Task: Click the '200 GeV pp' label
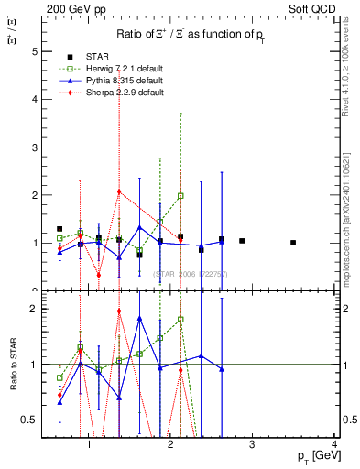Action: [x=74, y=9]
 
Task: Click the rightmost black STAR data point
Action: [x=293, y=243]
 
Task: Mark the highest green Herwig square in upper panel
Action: [x=180, y=195]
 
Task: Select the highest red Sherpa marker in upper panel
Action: [x=119, y=191]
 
